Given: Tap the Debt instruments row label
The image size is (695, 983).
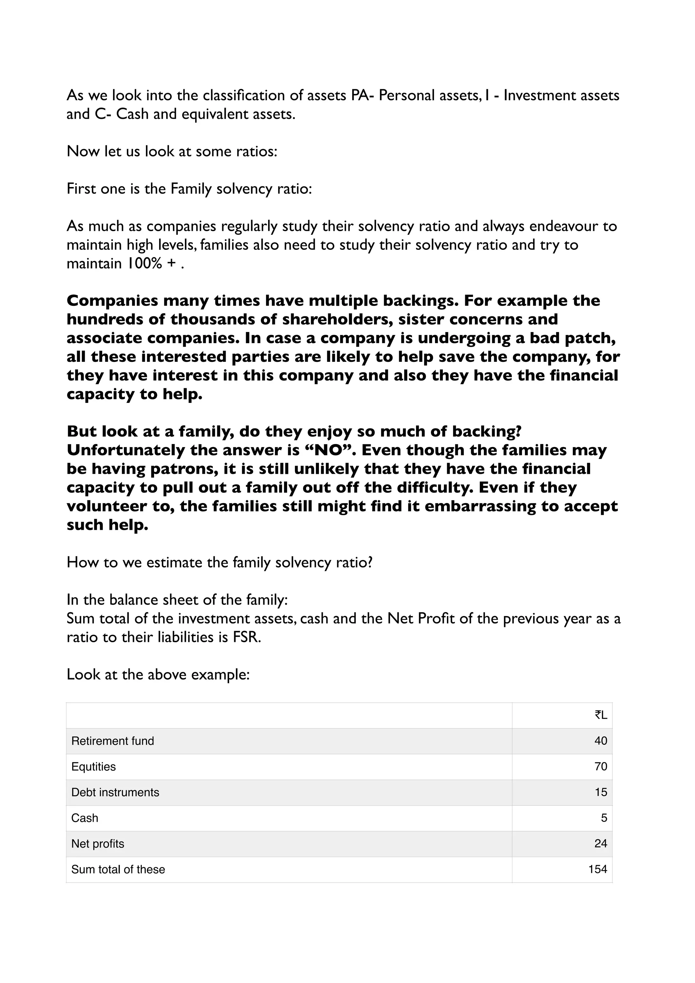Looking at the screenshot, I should point(115,793).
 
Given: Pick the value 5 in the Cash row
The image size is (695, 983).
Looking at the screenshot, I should point(603,818).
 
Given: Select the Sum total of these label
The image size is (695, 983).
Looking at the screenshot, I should point(118,870).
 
